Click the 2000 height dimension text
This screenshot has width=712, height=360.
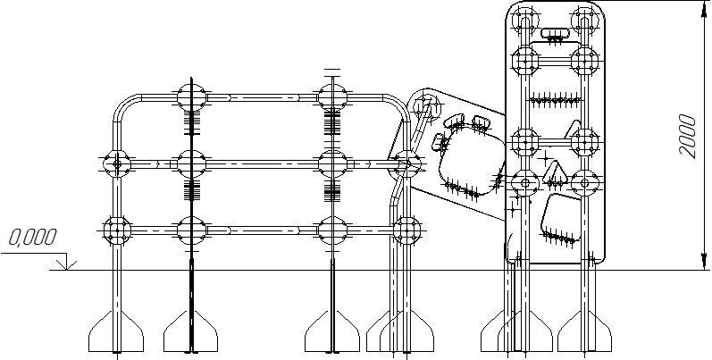coord(687,135)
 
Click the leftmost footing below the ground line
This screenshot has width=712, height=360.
coord(116,334)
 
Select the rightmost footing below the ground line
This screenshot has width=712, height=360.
coord(585,334)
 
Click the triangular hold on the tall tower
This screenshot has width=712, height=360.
coord(557,174)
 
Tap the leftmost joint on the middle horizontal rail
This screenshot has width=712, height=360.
coord(115,163)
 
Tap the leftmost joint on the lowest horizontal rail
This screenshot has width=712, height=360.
coord(115,229)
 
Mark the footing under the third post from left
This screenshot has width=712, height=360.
coord(332,334)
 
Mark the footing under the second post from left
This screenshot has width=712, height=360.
coord(191,334)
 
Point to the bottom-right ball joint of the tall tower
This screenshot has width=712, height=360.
coord(585,181)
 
